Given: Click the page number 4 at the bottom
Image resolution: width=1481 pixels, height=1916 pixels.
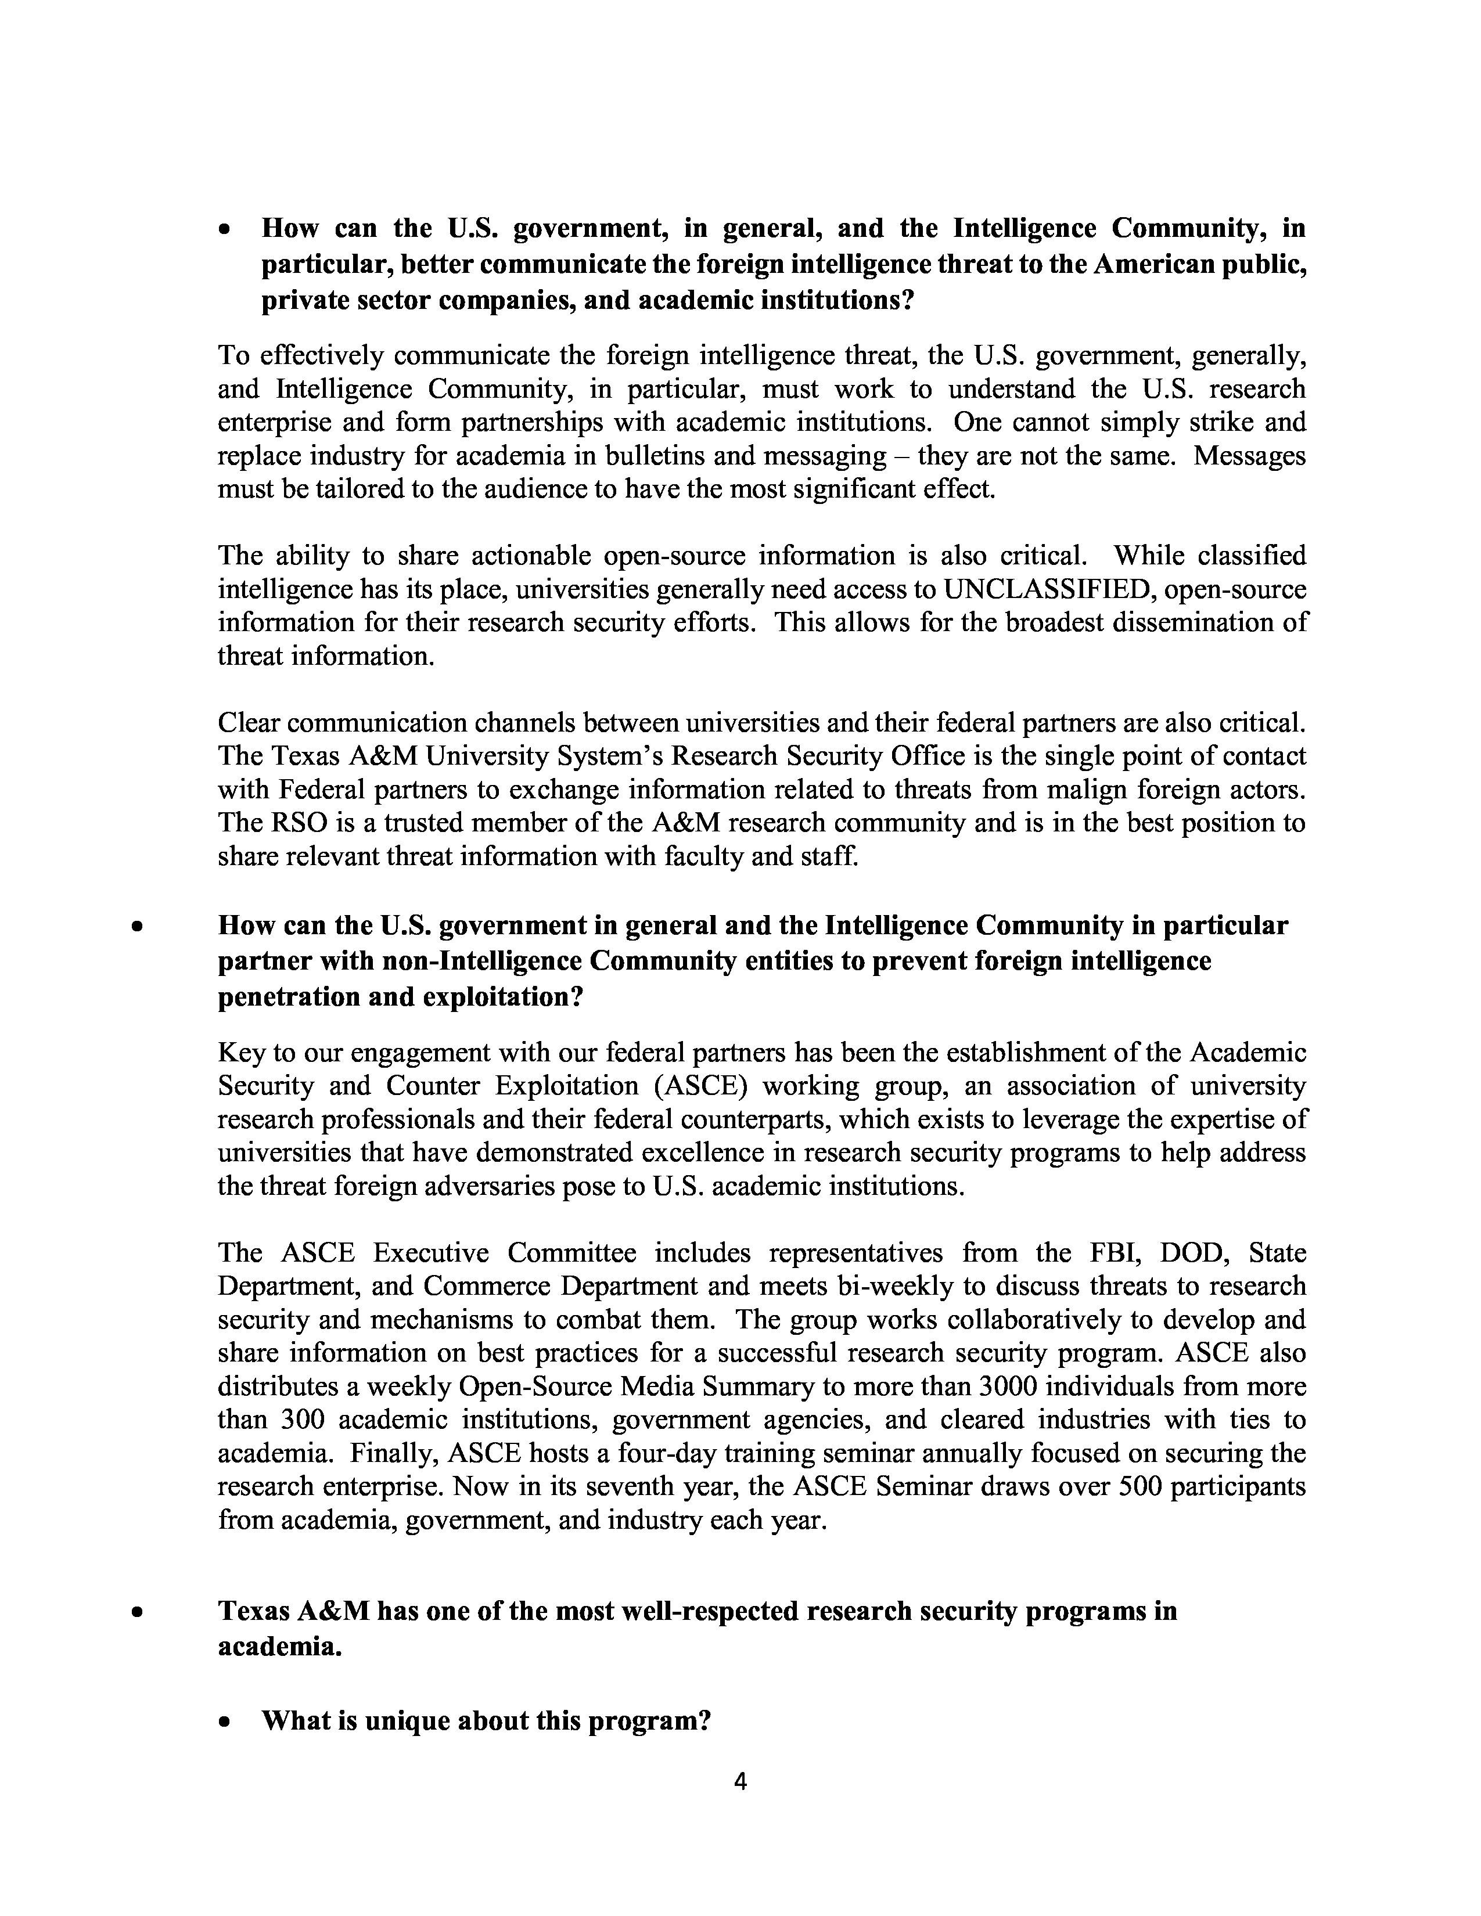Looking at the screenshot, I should coord(739,1781).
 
